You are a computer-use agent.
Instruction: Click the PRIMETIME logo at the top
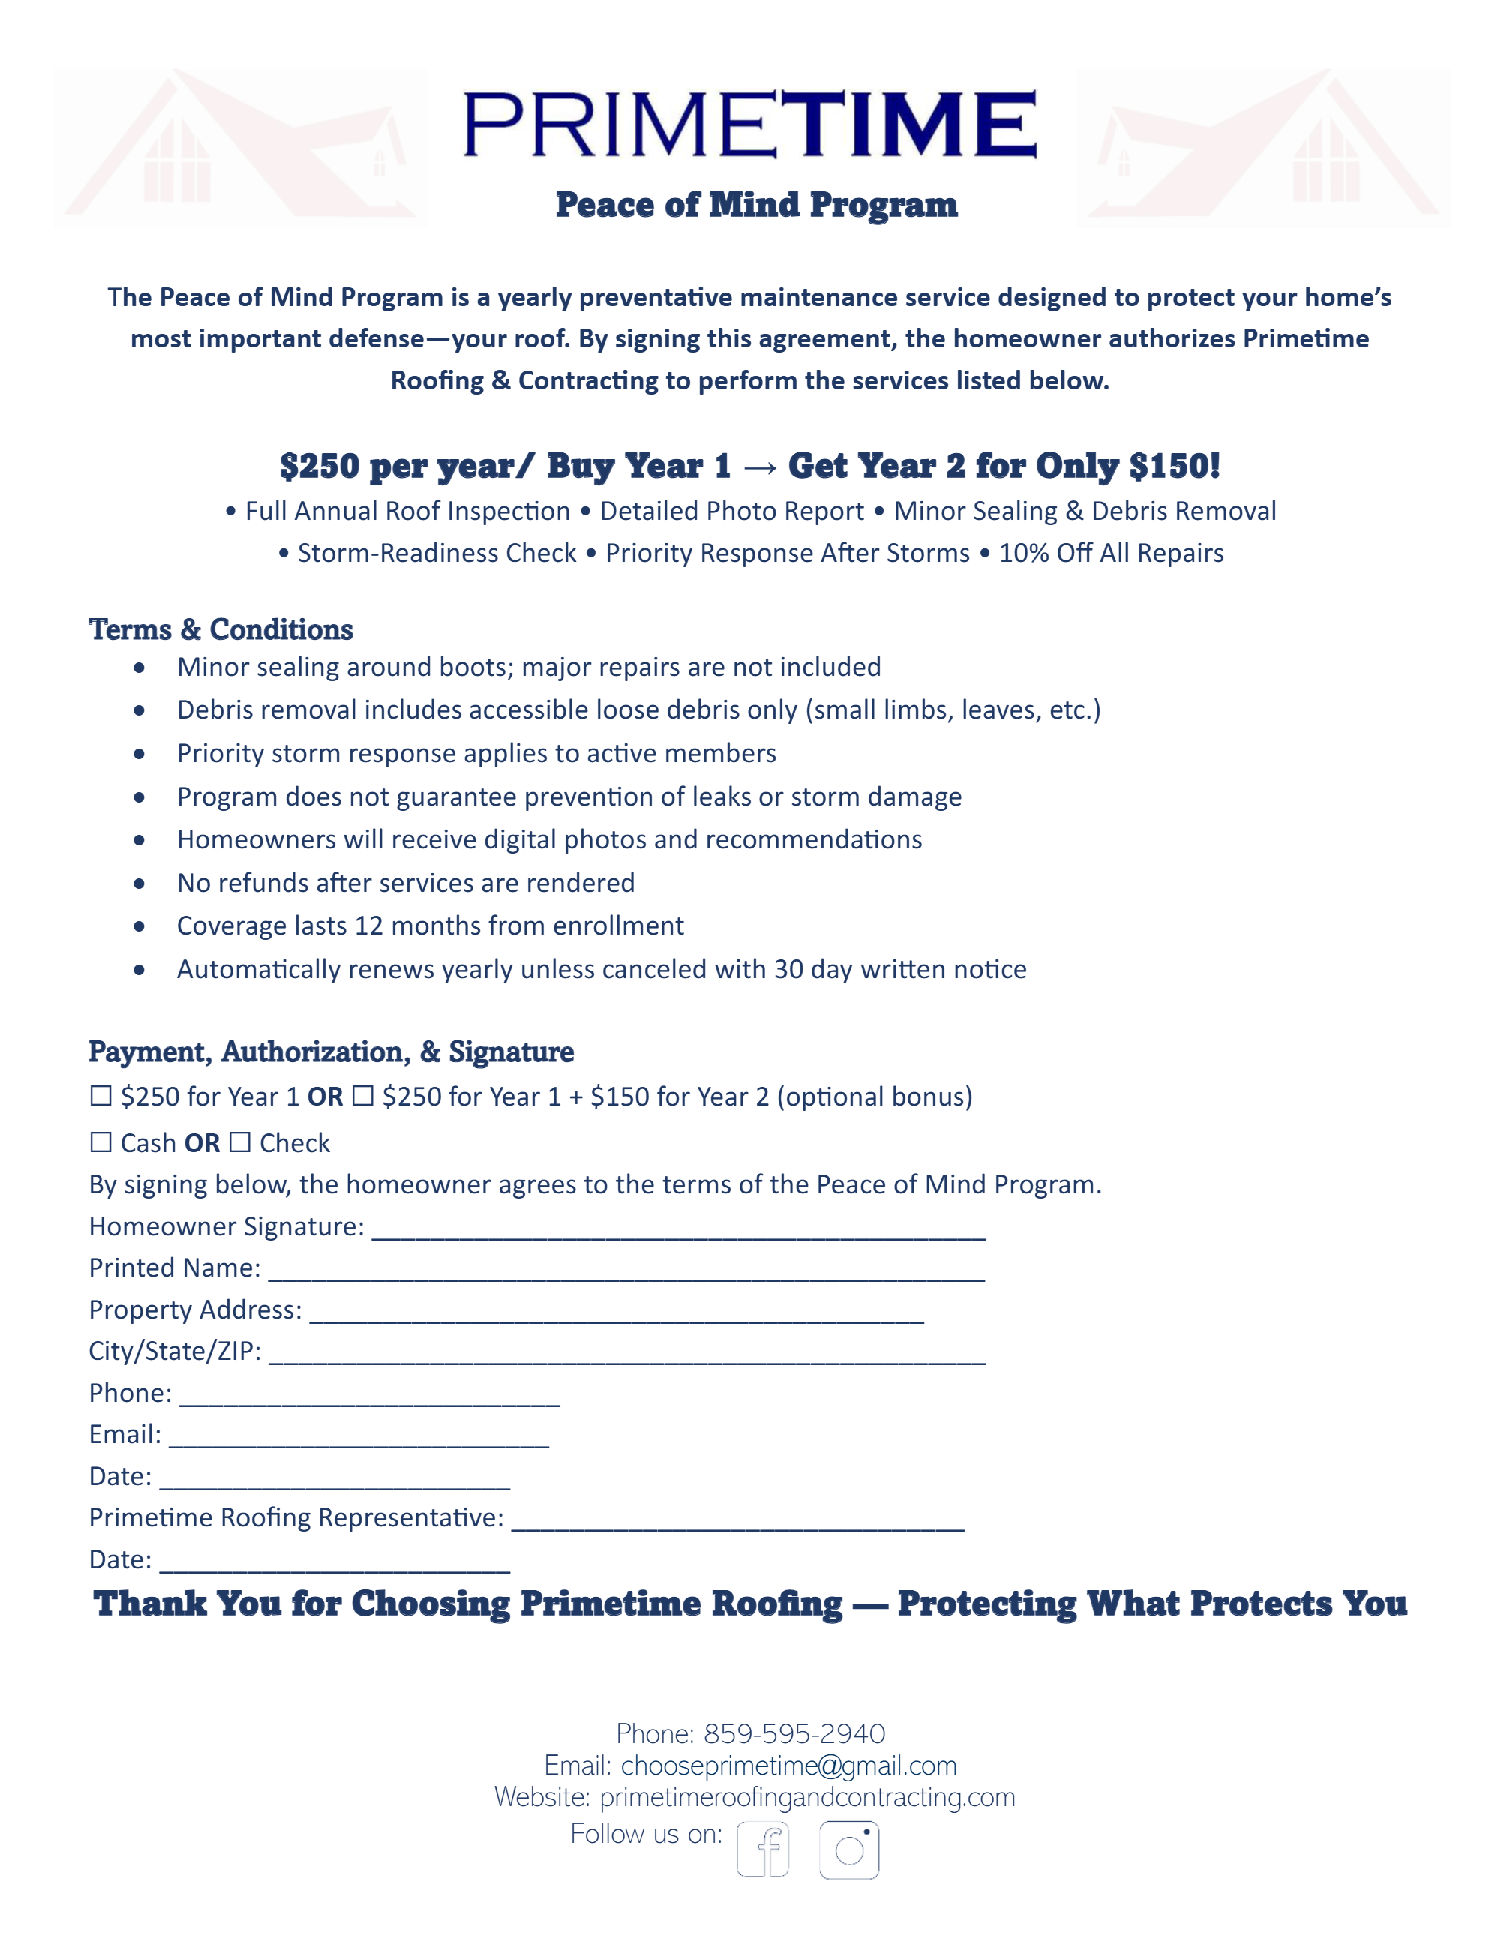pos(749,124)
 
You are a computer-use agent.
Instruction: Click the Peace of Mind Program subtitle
pos(757,206)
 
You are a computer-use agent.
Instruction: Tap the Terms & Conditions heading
pos(221,629)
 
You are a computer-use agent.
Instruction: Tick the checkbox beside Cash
pos(101,1142)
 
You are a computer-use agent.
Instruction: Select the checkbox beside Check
pos(240,1142)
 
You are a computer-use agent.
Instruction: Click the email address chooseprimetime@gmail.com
pos(788,1765)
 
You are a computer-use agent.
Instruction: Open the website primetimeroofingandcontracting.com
pos(807,1797)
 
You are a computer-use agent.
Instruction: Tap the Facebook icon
pos(763,1850)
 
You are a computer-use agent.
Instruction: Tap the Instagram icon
pos(849,1850)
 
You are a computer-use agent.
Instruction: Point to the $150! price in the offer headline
pos(1174,466)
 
